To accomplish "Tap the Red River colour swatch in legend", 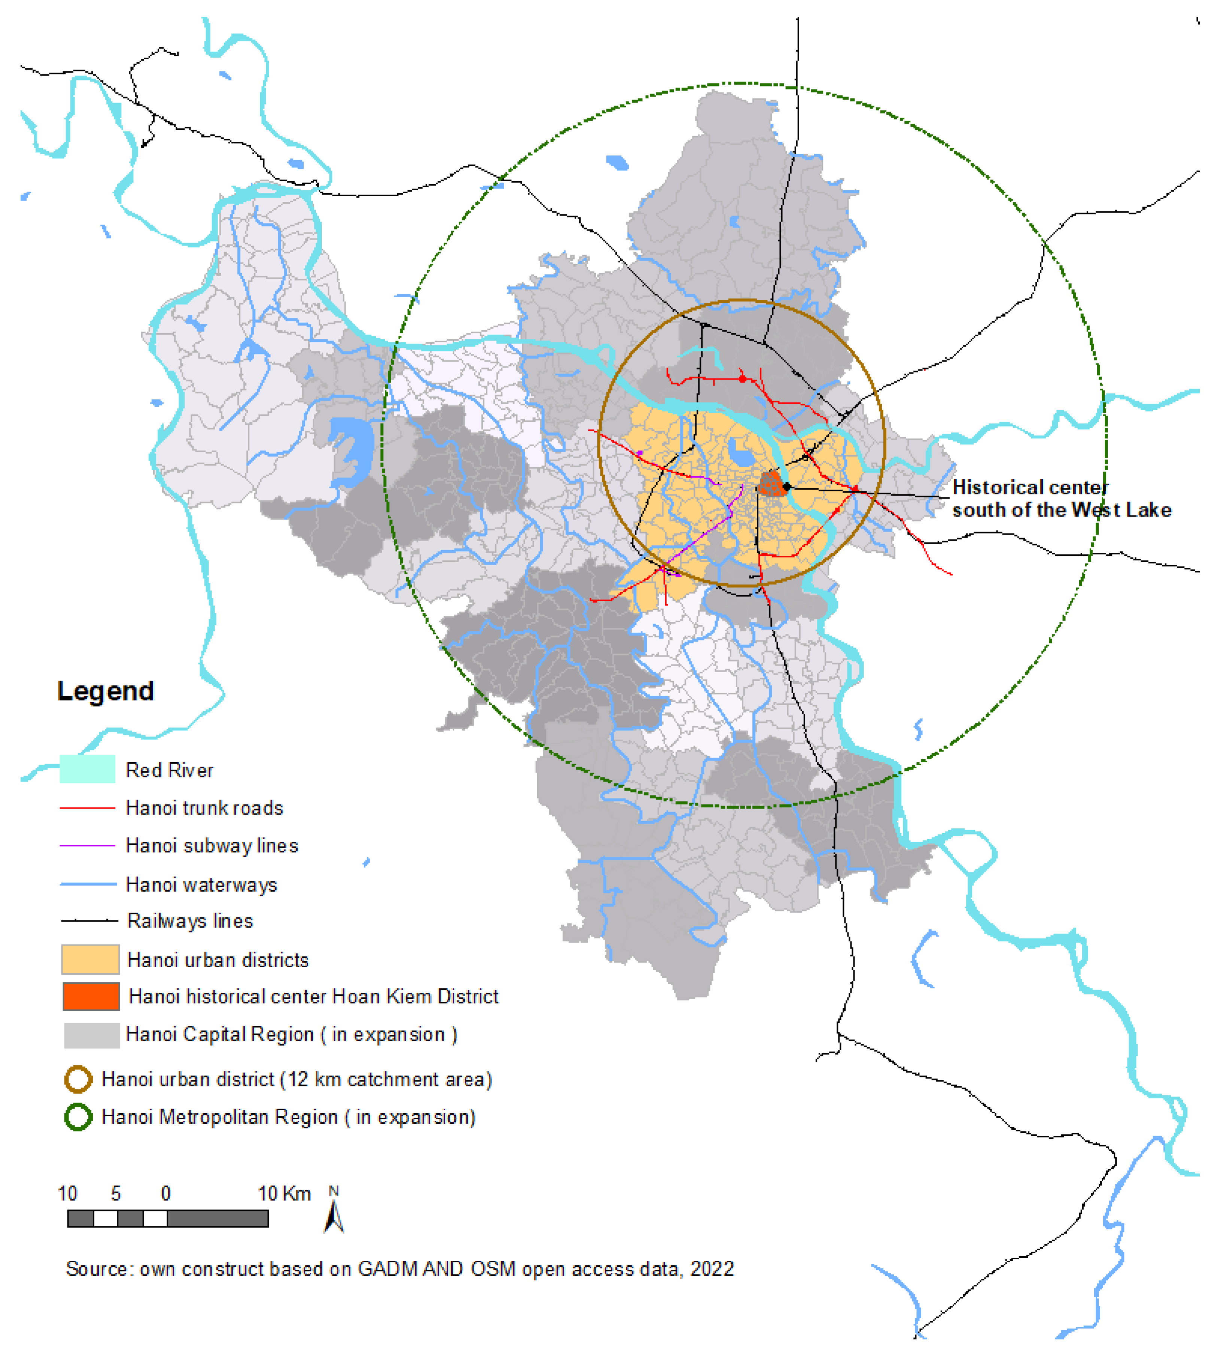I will tap(87, 769).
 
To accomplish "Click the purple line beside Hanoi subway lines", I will tap(87, 846).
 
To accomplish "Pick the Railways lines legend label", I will tap(190, 921).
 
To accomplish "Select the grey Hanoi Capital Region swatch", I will tap(91, 1035).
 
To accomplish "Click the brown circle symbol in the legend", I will tap(78, 1080).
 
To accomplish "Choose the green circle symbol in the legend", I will tap(78, 1117).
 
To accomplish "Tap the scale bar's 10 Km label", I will tap(284, 1193).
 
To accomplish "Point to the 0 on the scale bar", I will tap(166, 1193).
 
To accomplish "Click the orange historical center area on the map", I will tap(772, 483).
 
